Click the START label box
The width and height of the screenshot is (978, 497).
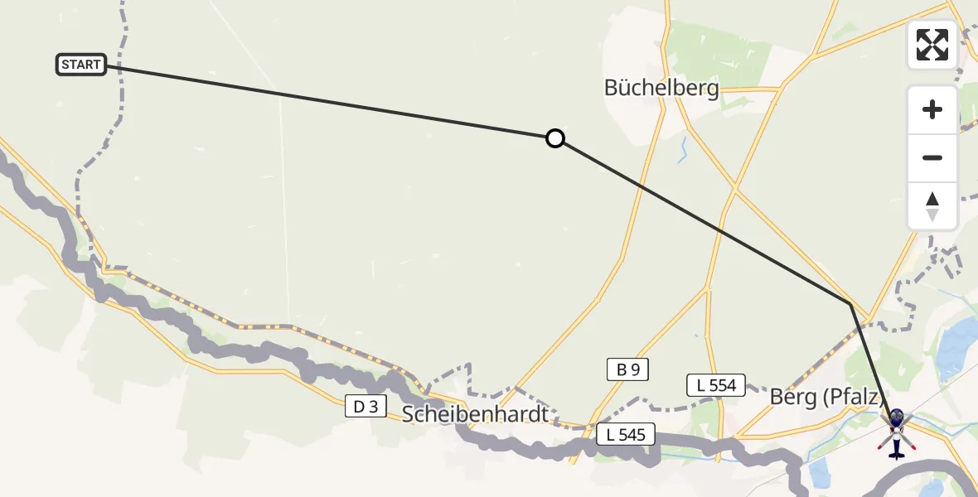pyautogui.click(x=81, y=65)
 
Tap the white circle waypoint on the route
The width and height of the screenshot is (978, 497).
pyautogui.click(x=555, y=138)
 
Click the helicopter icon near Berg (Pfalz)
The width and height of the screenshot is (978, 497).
pyautogui.click(x=896, y=432)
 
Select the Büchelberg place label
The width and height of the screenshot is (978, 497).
pyautogui.click(x=661, y=88)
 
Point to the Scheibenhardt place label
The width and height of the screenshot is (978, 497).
pyautogui.click(x=476, y=413)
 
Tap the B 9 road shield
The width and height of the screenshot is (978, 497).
pyautogui.click(x=627, y=369)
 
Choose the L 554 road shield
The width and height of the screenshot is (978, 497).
pyautogui.click(x=716, y=384)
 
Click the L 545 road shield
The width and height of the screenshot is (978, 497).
pyautogui.click(x=627, y=434)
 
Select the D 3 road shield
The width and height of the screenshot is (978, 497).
pyautogui.click(x=366, y=406)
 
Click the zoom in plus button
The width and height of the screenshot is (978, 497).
pyautogui.click(x=932, y=109)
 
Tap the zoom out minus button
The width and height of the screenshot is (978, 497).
pyautogui.click(x=932, y=157)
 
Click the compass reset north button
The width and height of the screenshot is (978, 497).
pyautogui.click(x=932, y=206)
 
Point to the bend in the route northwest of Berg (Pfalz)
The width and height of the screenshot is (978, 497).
pyautogui.click(x=850, y=305)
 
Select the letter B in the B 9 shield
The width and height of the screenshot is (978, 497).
pyautogui.click(x=619, y=369)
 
